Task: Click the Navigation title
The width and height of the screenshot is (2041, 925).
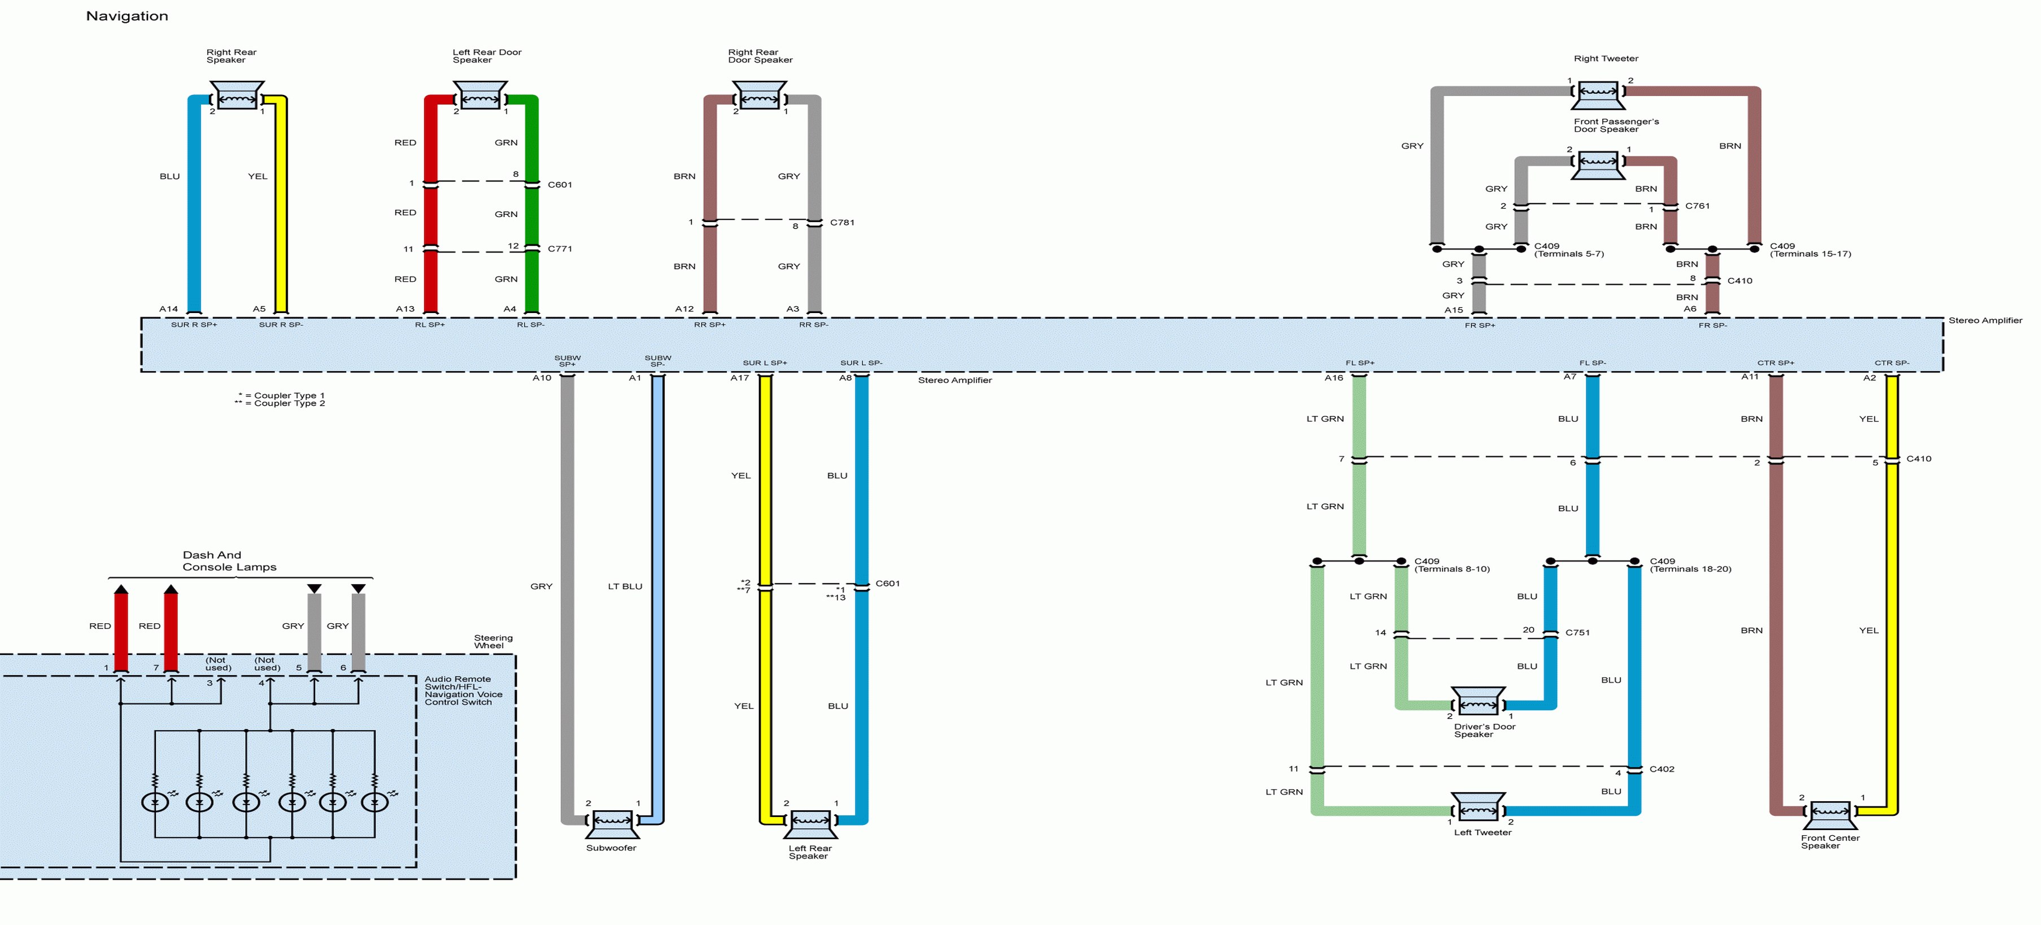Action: click(127, 16)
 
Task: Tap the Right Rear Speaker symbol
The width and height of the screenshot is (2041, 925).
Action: click(236, 97)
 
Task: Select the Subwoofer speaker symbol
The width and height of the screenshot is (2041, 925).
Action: click(612, 823)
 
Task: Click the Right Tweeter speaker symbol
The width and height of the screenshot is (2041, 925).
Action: click(1598, 95)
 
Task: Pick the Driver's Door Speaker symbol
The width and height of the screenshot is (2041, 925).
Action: click(1478, 702)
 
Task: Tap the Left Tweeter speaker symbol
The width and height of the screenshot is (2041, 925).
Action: click(1478, 807)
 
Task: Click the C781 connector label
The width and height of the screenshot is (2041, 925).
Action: click(842, 223)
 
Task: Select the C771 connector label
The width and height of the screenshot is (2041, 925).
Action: click(559, 249)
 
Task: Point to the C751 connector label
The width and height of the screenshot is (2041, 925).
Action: click(1577, 632)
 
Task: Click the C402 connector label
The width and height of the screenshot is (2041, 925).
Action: click(1661, 769)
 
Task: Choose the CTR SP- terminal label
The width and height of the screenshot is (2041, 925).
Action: click(1891, 363)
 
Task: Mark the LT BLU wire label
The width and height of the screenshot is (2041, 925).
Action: click(625, 587)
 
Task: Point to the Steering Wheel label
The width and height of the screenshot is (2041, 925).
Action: click(493, 642)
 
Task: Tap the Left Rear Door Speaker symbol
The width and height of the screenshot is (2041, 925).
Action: click(480, 97)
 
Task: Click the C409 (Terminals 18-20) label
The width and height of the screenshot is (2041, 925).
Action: click(1690, 565)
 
